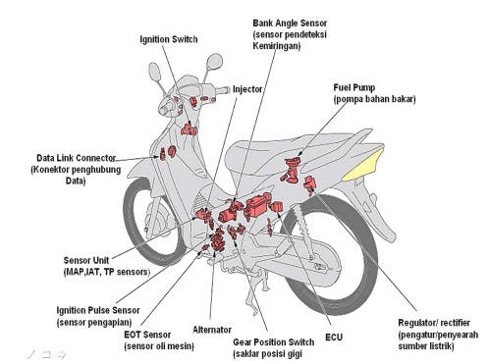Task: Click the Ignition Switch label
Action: click(x=169, y=39)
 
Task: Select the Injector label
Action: click(x=247, y=89)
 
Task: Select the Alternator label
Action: click(x=212, y=330)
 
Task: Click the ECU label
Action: click(x=334, y=338)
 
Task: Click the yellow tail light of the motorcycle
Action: click(x=362, y=165)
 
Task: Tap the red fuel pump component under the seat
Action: click(x=291, y=169)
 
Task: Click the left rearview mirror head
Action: click(x=155, y=72)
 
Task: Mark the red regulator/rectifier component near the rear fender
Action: click(x=309, y=184)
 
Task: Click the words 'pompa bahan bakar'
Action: click(x=374, y=99)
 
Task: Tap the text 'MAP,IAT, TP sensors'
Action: click(x=107, y=272)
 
